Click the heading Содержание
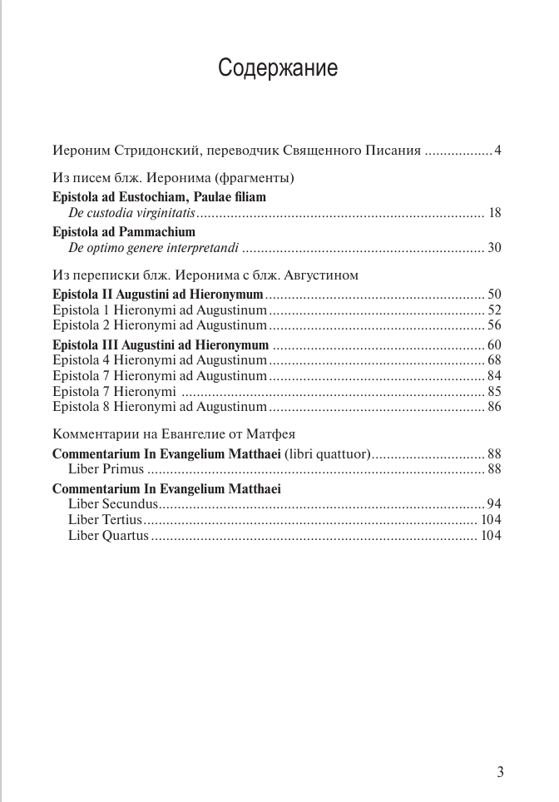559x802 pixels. coord(278,67)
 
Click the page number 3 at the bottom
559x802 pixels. coord(500,770)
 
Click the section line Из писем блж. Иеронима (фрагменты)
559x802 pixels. coord(173,178)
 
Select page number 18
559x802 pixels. coord(494,214)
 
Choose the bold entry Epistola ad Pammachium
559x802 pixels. coord(123,231)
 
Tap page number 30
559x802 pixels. coord(494,247)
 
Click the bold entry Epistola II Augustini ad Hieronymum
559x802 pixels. coord(157,295)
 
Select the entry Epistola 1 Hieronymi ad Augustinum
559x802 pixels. coord(159,310)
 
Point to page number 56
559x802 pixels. coord(494,325)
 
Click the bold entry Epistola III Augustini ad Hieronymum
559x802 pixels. coord(161,344)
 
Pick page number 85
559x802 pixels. coord(494,391)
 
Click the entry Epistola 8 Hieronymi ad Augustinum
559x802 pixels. coord(159,407)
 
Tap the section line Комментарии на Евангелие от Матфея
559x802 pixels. coord(174,434)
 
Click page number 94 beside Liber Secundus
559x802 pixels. coord(494,504)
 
